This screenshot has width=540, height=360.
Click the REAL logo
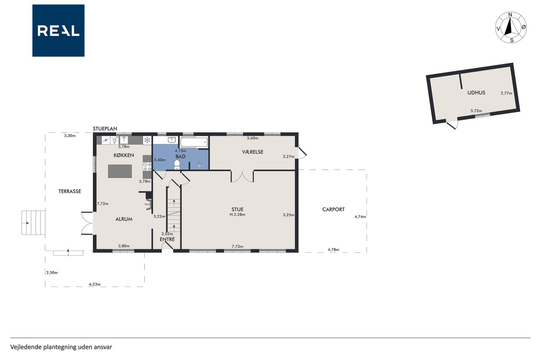[58, 31]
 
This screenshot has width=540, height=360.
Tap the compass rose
[510, 27]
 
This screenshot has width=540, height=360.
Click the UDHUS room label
[476, 92]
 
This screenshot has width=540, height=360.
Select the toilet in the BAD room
[177, 165]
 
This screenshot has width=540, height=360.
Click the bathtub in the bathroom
[194, 143]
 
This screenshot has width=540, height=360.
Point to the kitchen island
[120, 171]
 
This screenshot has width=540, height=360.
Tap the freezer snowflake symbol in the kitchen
[147, 140]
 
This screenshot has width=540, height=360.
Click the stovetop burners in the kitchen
[147, 167]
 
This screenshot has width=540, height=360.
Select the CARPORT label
[333, 209]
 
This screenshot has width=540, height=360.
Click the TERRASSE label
[70, 191]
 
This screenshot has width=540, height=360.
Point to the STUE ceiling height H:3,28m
[238, 214]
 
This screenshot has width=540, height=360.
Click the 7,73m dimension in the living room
[238, 246]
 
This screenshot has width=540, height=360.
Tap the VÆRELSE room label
[253, 152]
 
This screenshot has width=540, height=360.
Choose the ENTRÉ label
[167, 239]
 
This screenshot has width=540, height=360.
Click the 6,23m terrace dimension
[95, 284]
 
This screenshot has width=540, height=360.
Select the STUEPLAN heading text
[105, 129]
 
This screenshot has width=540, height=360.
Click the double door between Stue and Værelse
[242, 176]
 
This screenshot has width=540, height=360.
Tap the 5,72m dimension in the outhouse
[476, 111]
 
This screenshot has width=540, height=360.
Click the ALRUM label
[124, 219]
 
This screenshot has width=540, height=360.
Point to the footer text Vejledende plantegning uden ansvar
[61, 347]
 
